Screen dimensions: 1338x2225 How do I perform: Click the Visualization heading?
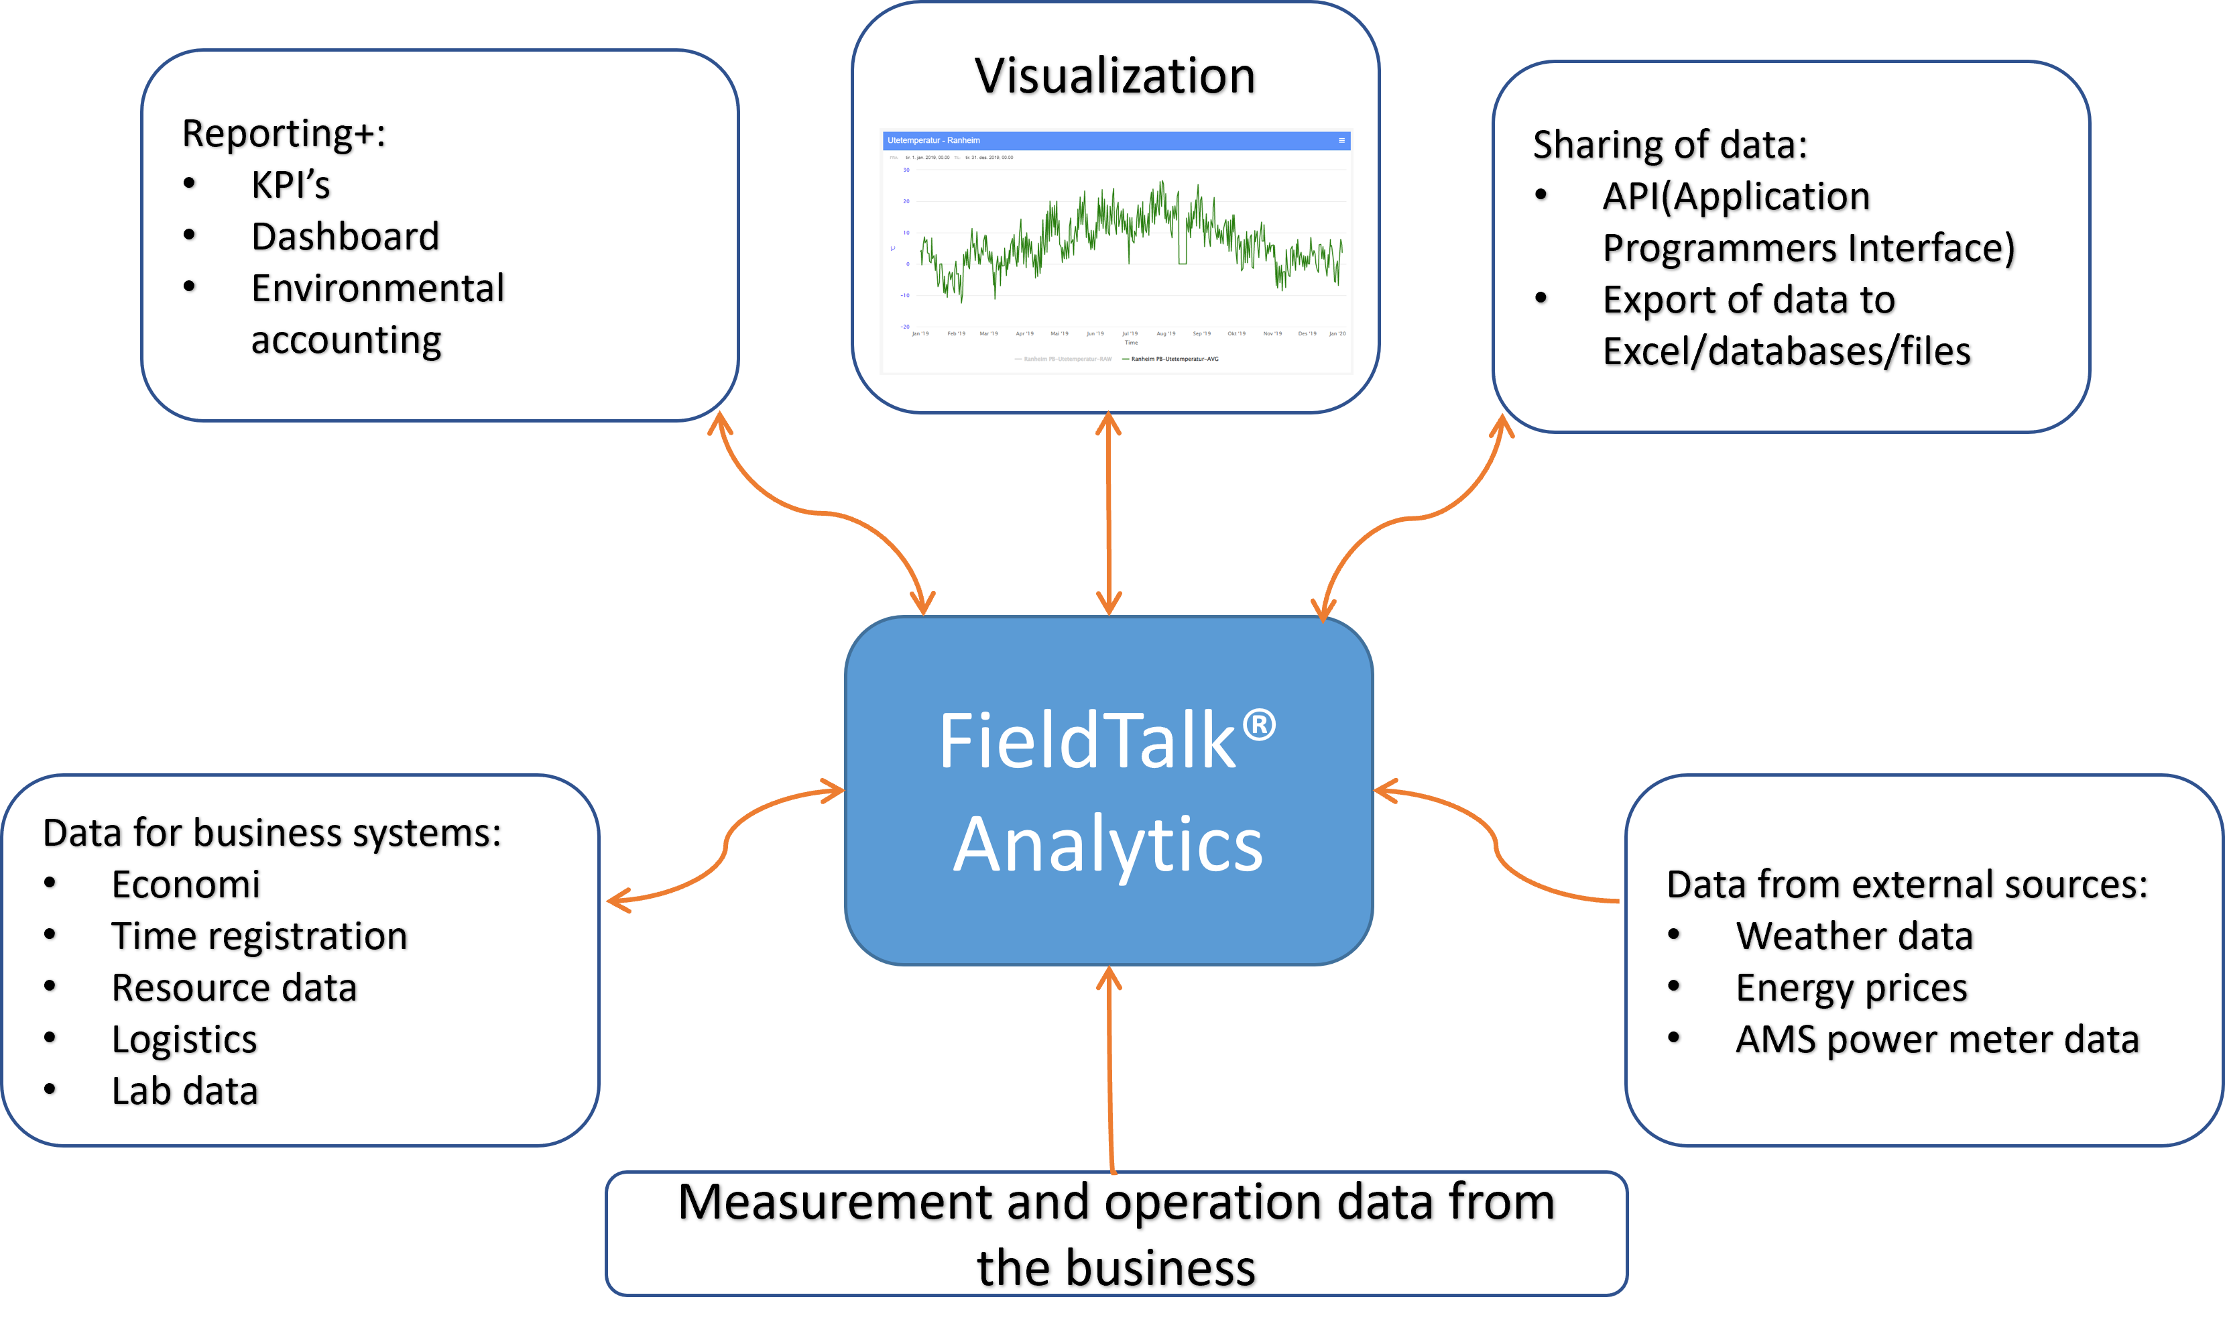[1115, 76]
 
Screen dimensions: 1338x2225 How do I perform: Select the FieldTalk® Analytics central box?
[1108, 790]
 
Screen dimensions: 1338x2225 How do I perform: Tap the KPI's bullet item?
[290, 185]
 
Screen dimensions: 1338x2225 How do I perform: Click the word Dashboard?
[345, 237]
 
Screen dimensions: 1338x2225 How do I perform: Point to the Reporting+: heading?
[284, 133]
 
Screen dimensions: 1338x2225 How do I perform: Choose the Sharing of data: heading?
[1670, 145]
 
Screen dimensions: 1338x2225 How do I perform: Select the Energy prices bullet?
[1851, 988]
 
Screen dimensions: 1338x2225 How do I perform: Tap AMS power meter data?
[1937, 1040]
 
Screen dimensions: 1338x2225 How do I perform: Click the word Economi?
[186, 885]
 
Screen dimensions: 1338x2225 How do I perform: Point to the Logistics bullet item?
[184, 1040]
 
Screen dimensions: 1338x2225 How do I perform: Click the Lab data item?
[185, 1091]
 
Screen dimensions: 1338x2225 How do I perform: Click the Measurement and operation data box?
[1116, 1233]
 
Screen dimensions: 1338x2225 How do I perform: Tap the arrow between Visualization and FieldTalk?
[1108, 514]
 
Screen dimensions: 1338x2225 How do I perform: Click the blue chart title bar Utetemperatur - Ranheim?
[1115, 141]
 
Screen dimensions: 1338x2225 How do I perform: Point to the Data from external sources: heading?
[1907, 885]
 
